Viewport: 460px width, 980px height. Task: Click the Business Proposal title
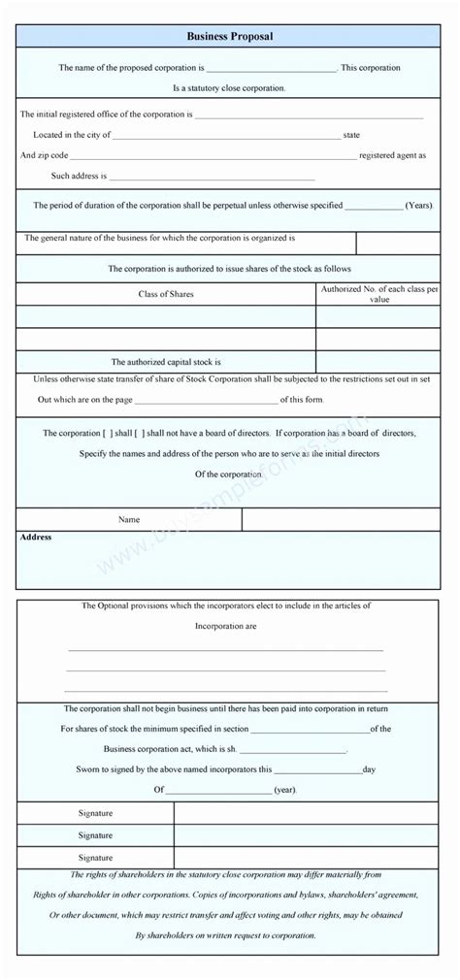[230, 36]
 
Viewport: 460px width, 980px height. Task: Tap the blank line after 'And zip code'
[214, 156]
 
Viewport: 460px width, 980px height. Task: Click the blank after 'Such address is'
[214, 178]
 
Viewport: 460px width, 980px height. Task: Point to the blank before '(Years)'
[374, 206]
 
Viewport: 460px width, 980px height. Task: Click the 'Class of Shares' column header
[165, 294]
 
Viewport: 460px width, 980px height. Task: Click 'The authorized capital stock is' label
[166, 361]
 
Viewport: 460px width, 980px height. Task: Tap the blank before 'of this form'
[206, 400]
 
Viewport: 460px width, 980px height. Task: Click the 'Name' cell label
[129, 520]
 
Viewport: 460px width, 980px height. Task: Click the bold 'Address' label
[36, 538]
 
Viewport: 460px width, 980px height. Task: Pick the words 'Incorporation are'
[226, 627]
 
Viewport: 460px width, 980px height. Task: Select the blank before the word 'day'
[316, 769]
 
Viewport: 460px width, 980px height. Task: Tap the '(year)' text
[284, 791]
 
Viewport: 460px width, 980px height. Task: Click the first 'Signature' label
[95, 812]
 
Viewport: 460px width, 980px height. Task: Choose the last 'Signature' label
[95, 857]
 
